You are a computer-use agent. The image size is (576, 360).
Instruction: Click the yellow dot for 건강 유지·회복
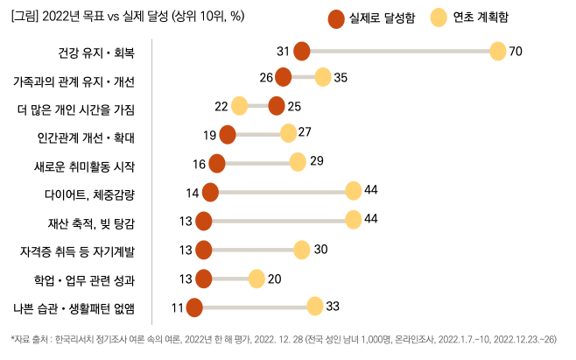(x=497, y=52)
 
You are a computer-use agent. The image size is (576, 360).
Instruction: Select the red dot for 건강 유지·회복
(x=302, y=52)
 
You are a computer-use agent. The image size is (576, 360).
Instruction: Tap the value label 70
(x=516, y=52)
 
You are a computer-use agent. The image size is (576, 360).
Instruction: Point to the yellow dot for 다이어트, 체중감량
(x=354, y=192)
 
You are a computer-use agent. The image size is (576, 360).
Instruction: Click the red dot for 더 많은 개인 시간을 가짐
(x=277, y=106)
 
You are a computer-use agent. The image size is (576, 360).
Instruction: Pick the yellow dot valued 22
(x=240, y=106)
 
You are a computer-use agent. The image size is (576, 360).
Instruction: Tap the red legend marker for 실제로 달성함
(x=335, y=18)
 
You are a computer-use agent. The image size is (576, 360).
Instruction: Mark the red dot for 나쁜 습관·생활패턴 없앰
(x=194, y=307)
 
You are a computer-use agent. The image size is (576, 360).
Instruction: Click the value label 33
(x=332, y=307)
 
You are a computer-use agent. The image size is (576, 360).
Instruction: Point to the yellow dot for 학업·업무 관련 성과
(x=256, y=279)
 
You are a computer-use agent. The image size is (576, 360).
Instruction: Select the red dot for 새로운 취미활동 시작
(x=217, y=163)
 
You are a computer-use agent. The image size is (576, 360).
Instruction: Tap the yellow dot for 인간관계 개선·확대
(x=288, y=133)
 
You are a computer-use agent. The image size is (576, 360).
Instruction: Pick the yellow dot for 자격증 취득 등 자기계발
(x=302, y=250)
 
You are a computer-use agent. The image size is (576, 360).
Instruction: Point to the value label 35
(x=341, y=77)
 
